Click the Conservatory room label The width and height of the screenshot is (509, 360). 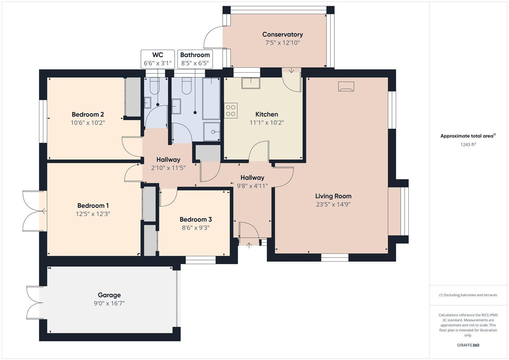point(282,34)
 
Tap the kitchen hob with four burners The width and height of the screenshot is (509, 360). point(231,111)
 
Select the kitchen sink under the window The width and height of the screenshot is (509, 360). point(251,83)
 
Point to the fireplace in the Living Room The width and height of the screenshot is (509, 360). point(346,87)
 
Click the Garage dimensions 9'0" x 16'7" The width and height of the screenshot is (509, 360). point(109,303)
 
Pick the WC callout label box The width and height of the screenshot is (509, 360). point(158,59)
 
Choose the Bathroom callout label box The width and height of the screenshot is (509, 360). point(195,59)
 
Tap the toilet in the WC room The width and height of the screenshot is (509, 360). point(154,86)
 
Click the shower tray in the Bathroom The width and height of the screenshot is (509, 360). point(212,131)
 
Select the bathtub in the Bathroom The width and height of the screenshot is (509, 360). point(211,99)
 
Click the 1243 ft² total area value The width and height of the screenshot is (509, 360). point(468,145)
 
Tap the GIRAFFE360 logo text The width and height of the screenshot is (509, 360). point(468,345)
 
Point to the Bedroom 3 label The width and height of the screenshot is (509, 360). point(196,219)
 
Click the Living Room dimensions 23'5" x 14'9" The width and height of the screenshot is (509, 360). point(333,204)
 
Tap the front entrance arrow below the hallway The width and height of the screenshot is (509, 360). point(249,245)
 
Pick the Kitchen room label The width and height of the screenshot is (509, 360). point(267,114)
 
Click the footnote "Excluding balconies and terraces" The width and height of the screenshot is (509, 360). point(468,295)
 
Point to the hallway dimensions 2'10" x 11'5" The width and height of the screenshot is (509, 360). point(168,168)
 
